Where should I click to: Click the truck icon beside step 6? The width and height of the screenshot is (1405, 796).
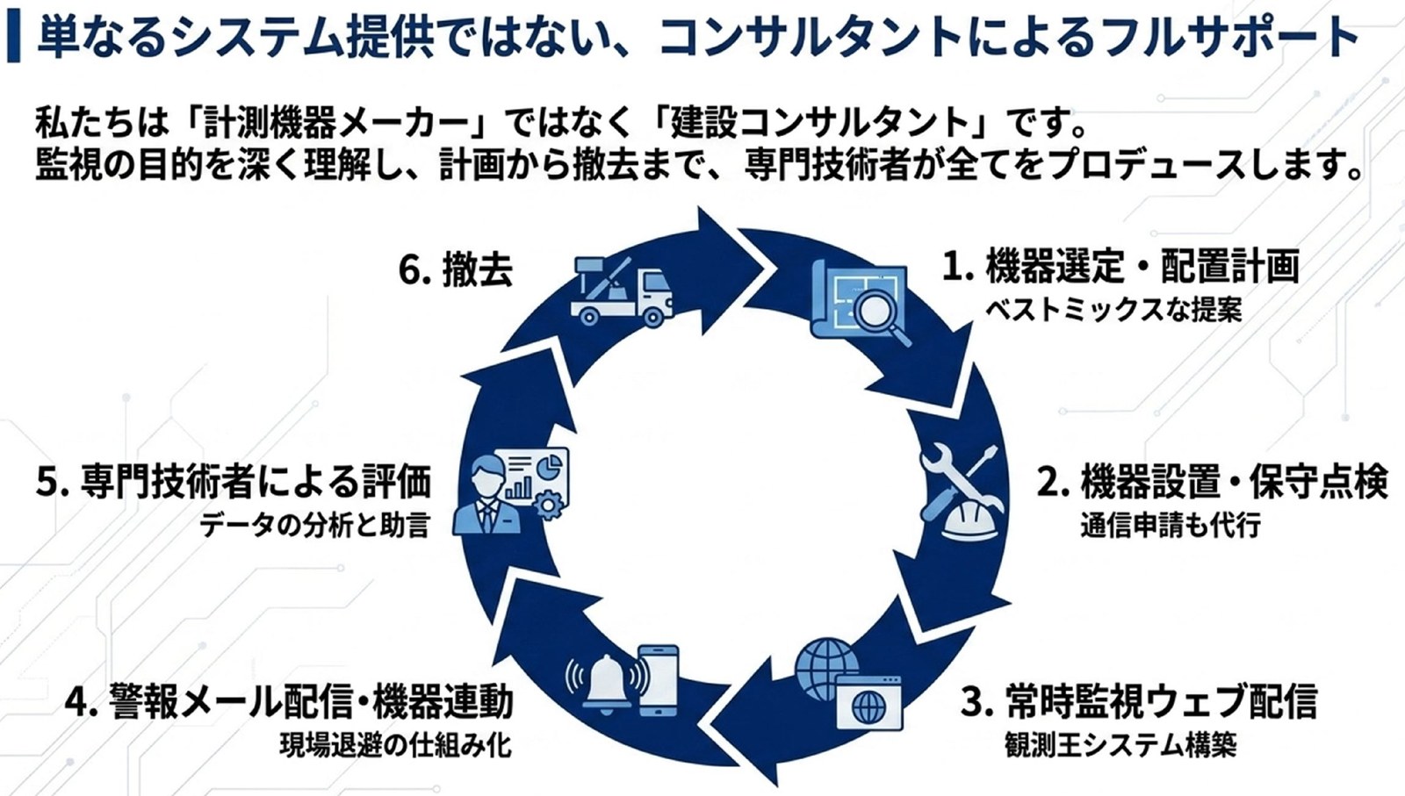point(622,291)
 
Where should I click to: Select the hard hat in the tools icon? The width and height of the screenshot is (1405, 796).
point(969,520)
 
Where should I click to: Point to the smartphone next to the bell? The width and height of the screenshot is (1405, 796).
point(658,681)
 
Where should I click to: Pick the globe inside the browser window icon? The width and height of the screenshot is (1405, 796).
point(868,707)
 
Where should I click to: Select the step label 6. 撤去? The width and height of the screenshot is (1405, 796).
point(456,271)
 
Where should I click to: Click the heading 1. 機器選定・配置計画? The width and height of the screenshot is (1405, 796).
point(1120,266)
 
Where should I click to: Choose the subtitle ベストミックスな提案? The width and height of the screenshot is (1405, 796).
point(1113,311)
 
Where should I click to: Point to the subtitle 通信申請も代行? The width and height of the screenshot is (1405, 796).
point(1171,525)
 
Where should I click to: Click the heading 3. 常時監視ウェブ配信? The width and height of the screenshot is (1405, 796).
point(1139,700)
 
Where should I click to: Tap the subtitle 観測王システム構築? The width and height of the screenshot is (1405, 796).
point(1120,745)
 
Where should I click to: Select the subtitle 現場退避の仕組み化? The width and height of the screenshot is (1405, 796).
point(396,745)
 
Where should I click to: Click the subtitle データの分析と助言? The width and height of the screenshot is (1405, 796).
point(315,525)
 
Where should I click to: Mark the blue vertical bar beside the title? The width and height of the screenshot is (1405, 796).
point(14,37)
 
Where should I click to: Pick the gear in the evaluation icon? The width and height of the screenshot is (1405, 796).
point(550,506)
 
